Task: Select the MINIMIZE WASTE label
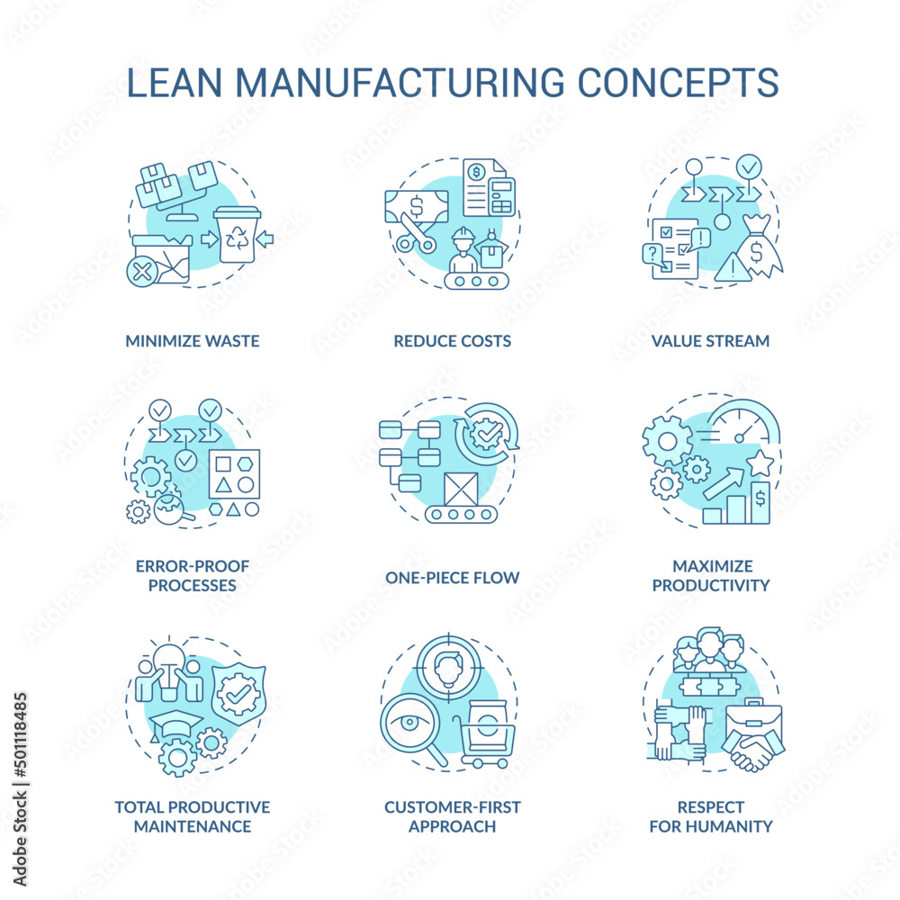tap(193, 341)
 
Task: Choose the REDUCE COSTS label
tap(452, 341)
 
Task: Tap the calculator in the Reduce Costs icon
tap(501, 197)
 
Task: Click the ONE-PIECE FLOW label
tap(452, 577)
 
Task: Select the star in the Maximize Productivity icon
tap(760, 464)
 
